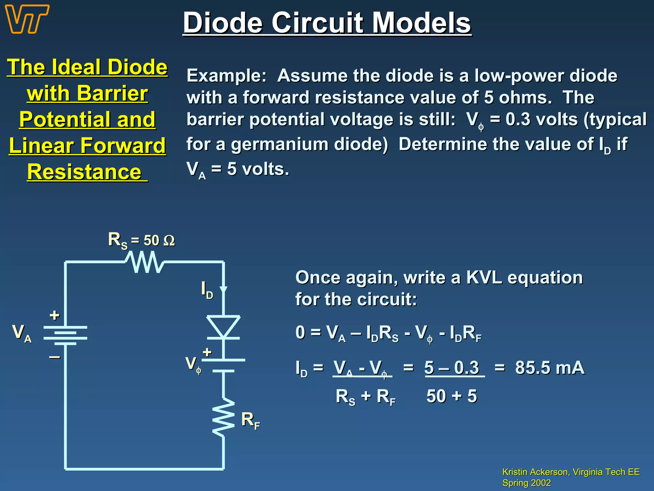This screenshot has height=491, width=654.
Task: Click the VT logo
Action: tap(27, 19)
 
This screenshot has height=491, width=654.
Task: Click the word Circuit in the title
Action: tap(317, 23)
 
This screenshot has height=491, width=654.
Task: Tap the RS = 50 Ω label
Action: tap(141, 240)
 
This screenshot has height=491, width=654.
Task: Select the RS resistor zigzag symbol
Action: tap(144, 262)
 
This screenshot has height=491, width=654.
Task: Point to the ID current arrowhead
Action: tap(223, 290)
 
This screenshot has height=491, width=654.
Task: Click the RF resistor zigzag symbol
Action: tap(224, 417)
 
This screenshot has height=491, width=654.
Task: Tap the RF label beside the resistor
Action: tap(250, 421)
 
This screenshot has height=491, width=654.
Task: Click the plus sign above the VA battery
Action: tap(54, 316)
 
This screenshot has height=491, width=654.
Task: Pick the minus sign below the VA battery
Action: tap(54, 357)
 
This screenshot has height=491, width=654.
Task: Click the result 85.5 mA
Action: tap(550, 368)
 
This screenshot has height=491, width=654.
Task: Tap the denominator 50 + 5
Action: tap(452, 396)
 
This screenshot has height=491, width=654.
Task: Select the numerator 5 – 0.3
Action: tap(452, 368)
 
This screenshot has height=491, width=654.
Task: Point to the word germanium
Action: tap(281, 144)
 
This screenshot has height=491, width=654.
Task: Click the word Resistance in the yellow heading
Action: tap(84, 172)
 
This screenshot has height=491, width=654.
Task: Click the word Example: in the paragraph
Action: tap(226, 76)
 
